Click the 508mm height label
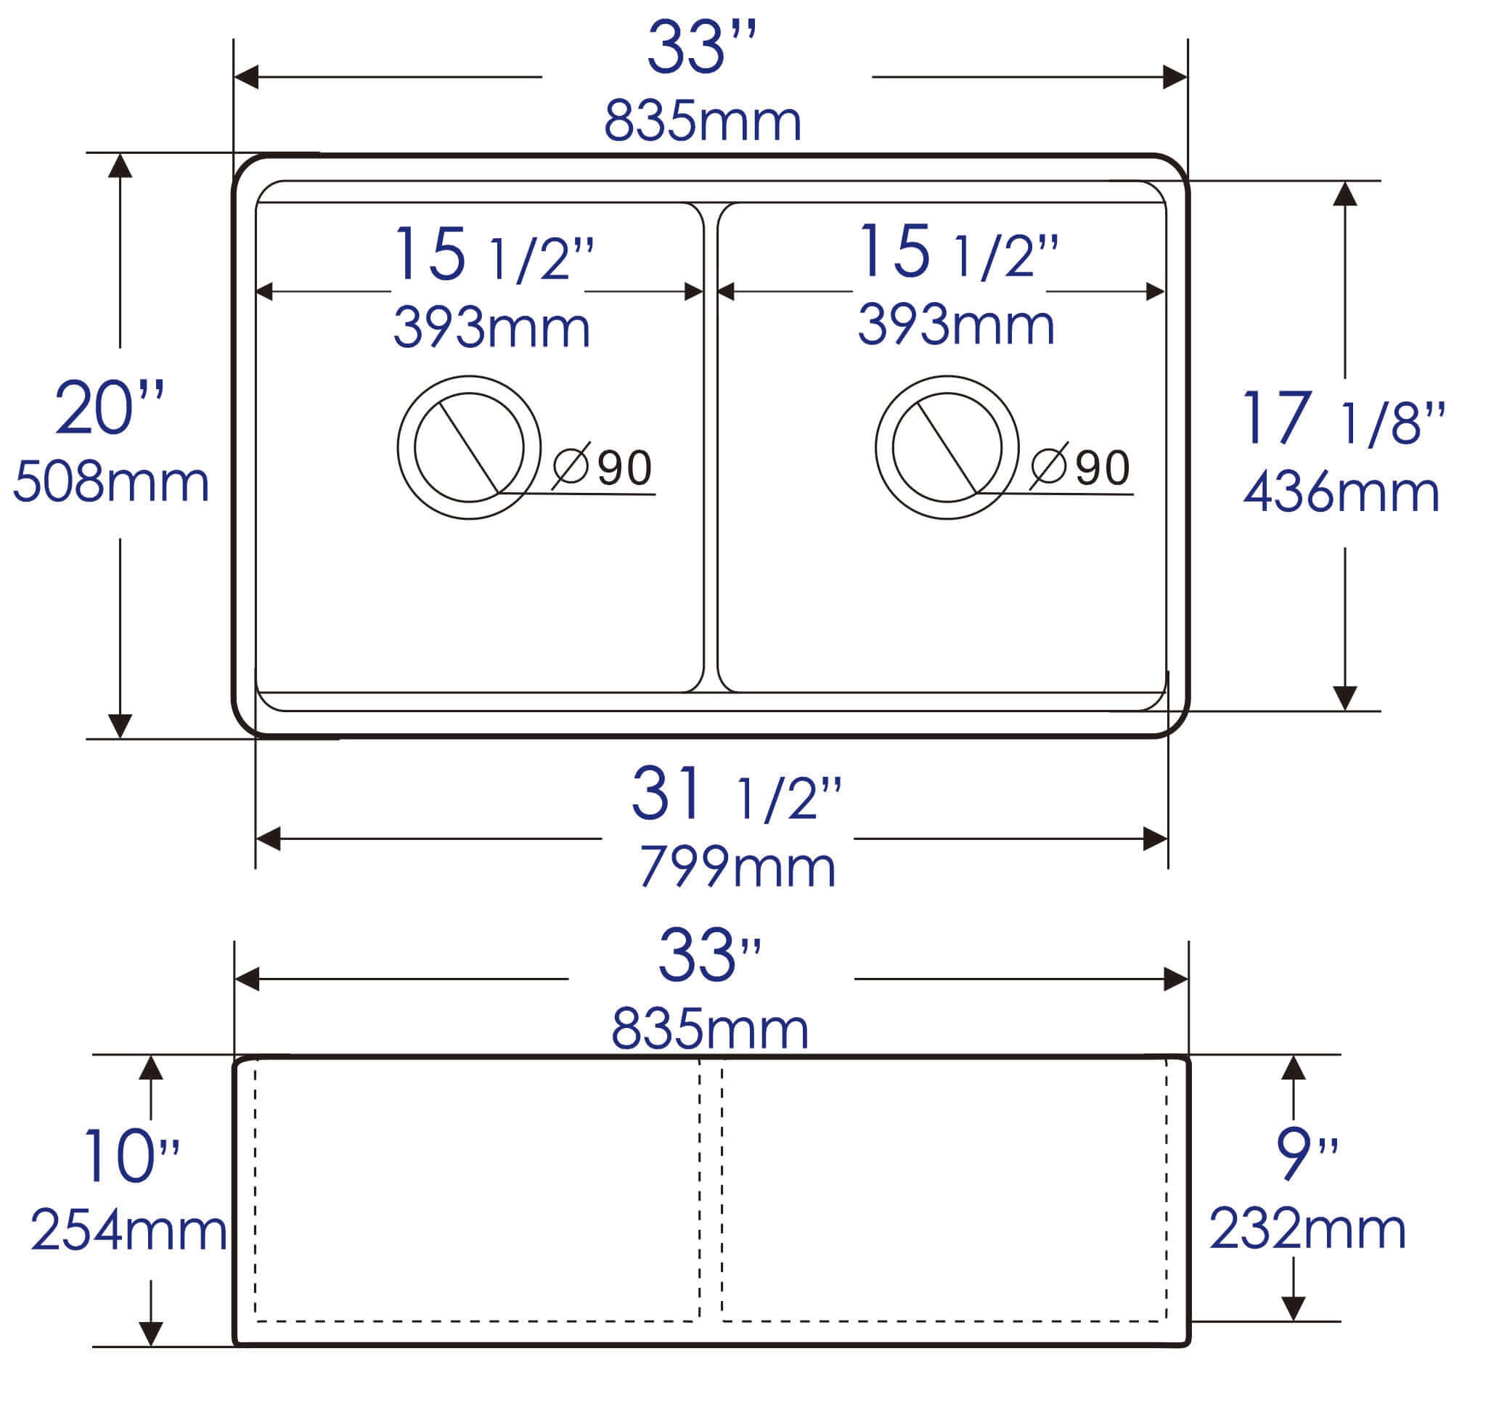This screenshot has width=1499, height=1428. click(x=111, y=483)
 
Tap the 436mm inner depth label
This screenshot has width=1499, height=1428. click(x=1341, y=491)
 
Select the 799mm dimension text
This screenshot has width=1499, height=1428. click(x=737, y=866)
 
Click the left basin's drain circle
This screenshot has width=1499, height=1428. click(x=469, y=448)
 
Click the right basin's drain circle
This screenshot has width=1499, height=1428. click(x=947, y=448)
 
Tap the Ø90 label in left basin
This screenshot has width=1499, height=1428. click(x=603, y=467)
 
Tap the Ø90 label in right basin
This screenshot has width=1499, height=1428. click(x=1081, y=467)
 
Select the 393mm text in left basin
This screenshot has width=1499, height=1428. click(x=491, y=327)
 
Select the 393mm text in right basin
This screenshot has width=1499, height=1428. click(x=956, y=325)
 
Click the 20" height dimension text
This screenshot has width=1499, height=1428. click(x=110, y=409)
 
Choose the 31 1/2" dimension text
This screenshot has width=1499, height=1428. click(x=736, y=796)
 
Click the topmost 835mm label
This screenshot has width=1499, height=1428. click(x=703, y=121)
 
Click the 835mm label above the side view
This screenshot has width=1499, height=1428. click(x=709, y=1029)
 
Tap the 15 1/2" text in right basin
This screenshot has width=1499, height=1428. click(x=957, y=252)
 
